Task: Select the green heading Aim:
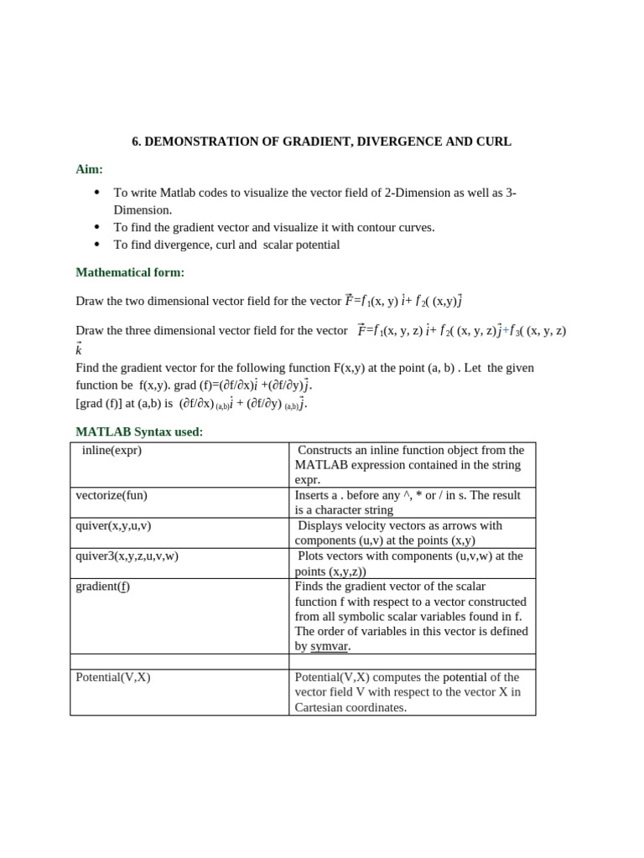(x=89, y=169)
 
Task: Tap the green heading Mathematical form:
(x=130, y=272)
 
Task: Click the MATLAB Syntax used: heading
(x=139, y=432)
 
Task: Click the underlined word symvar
(x=329, y=647)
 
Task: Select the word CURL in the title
(x=494, y=142)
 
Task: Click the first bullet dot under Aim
(x=96, y=193)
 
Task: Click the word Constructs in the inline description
(x=328, y=450)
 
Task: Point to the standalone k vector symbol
(x=79, y=349)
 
